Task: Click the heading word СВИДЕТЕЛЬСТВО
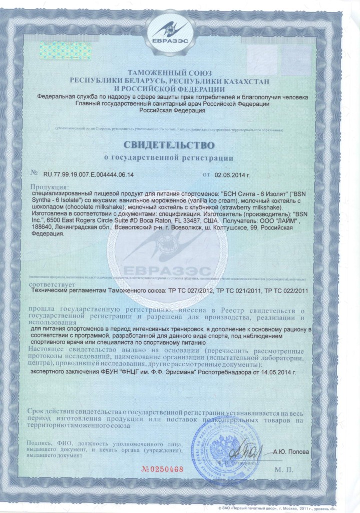tap(179, 145)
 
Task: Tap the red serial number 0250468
tap(164, 469)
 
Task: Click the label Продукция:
tap(48, 187)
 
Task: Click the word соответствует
tap(50, 283)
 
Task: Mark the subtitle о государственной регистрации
tap(179, 158)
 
